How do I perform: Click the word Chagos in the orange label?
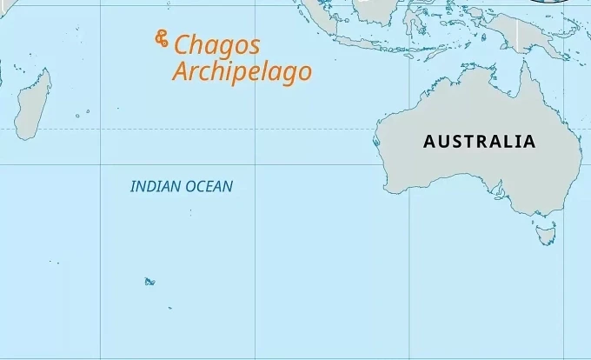click(x=216, y=46)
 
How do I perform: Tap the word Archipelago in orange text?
click(x=242, y=71)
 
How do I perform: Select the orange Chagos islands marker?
click(x=162, y=38)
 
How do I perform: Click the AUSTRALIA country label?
click(x=479, y=141)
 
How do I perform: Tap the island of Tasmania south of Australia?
click(x=546, y=232)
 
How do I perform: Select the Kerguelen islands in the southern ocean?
click(x=149, y=281)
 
